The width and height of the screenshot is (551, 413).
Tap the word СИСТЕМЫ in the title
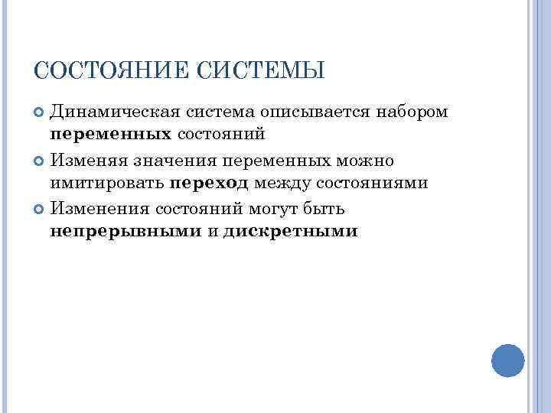click(262, 71)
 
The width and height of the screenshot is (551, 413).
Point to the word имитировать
click(108, 184)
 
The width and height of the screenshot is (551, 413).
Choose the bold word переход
click(209, 184)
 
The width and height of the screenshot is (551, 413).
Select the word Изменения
click(99, 208)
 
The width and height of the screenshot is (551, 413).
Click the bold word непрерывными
click(126, 232)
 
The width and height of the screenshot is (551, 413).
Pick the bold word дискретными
click(291, 232)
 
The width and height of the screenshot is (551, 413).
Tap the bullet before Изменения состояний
click(41, 209)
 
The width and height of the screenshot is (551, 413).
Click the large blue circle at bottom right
click(507, 360)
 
